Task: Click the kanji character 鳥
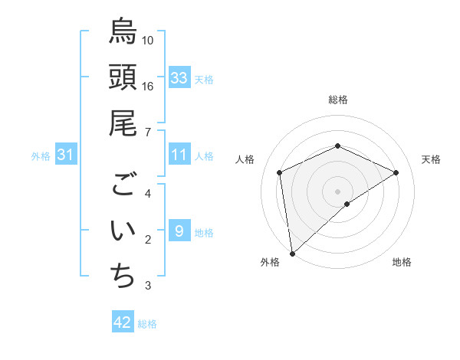click(123, 32)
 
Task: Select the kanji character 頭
click(123, 78)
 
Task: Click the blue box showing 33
click(179, 78)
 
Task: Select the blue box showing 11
click(179, 155)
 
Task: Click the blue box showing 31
click(65, 155)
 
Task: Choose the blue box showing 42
click(123, 322)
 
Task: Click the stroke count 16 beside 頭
click(148, 87)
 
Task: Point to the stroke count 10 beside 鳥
click(148, 40)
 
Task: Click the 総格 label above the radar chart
click(338, 100)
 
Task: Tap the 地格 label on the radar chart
click(402, 262)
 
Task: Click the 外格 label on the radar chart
click(270, 262)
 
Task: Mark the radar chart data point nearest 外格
click(291, 254)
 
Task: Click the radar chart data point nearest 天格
click(396, 172)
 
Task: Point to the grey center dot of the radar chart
click(338, 191)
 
